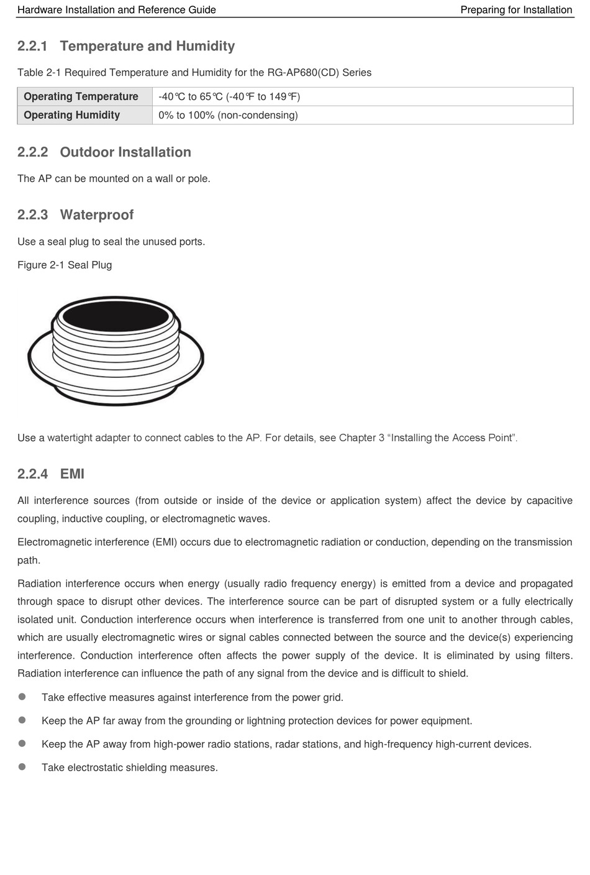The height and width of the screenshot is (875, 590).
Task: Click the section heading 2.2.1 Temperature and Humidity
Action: coord(126,46)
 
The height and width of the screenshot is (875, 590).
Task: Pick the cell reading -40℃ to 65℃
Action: coord(229,96)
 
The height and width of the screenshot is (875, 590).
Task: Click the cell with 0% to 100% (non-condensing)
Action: coord(228,115)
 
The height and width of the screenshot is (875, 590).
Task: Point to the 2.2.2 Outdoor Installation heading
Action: coord(104,152)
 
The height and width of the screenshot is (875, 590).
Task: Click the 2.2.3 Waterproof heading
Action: coord(75,215)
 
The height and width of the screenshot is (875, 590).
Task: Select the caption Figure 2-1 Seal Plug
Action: coord(65,265)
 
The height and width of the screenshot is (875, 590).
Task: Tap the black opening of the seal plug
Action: coord(116,316)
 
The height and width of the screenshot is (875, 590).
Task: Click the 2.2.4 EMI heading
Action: coord(51,474)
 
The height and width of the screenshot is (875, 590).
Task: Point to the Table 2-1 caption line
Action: coord(194,73)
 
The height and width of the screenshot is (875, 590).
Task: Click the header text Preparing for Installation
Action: coord(516,10)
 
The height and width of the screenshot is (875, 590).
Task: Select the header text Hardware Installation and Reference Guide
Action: coord(117,10)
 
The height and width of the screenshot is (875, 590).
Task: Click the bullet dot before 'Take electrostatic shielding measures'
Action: coord(22,767)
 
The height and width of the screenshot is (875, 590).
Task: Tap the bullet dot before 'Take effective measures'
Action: coord(22,697)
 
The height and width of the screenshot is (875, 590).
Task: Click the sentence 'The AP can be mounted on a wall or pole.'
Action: coord(114,179)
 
